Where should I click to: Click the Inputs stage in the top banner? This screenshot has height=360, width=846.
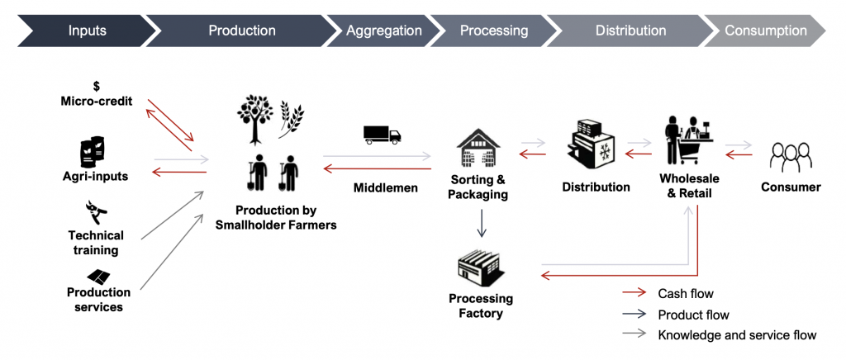pyautogui.click(x=88, y=31)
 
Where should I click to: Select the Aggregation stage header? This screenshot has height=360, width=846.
pyautogui.click(x=383, y=31)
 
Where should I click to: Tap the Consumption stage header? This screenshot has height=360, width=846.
pyautogui.click(x=765, y=31)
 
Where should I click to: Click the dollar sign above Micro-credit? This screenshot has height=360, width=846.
pyautogui.click(x=96, y=86)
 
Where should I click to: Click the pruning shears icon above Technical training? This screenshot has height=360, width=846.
pyautogui.click(x=97, y=212)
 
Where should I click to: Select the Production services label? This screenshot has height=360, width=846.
pyautogui.click(x=98, y=300)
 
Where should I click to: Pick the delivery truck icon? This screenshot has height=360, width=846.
pyautogui.click(x=382, y=134)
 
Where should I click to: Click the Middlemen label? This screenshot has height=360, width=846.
pyautogui.click(x=385, y=188)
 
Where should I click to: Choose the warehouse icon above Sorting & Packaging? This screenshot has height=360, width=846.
pyautogui.click(x=479, y=149)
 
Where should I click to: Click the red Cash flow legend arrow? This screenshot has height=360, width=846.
pyautogui.click(x=634, y=294)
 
